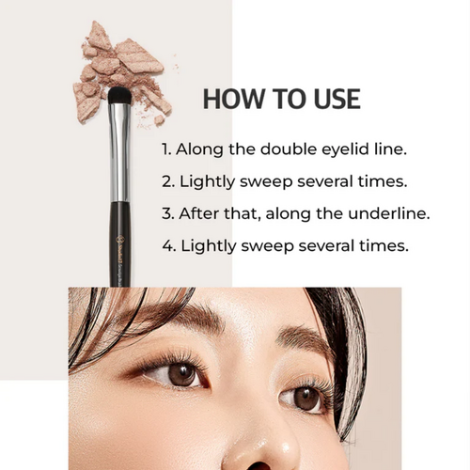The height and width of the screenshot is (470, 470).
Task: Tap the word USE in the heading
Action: tap(332, 99)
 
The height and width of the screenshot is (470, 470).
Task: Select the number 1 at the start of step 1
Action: tap(164, 148)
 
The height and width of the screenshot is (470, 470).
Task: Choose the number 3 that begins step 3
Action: tap(165, 213)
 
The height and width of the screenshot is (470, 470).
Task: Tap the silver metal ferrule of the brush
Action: tap(119, 150)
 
